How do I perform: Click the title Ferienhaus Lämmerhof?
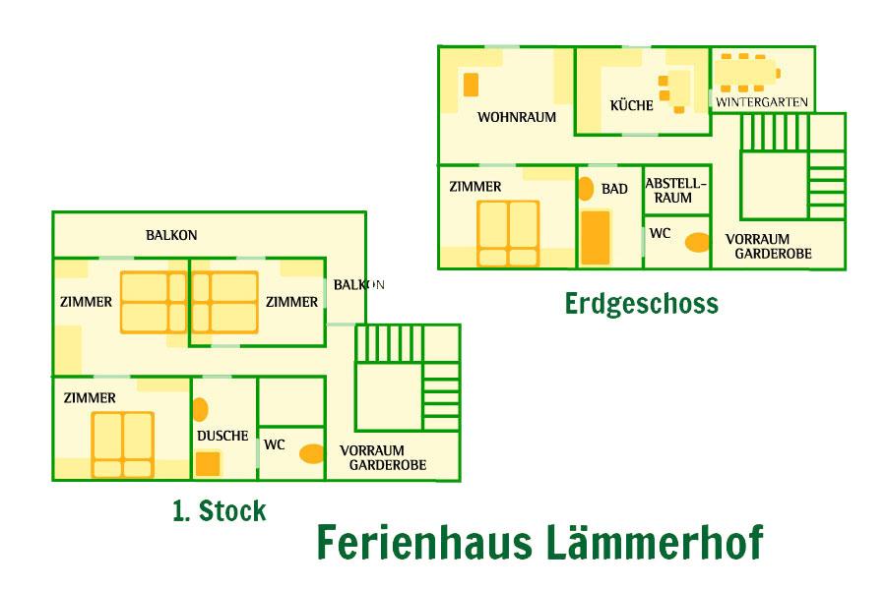538,543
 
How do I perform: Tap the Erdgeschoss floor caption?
641,303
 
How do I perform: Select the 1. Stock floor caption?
219,511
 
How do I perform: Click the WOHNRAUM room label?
517,117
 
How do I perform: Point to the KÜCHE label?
631,105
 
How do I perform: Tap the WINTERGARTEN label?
762,101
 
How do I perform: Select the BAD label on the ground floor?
614,189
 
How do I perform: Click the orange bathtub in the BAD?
595,236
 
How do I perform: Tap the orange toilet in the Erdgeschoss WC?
697,242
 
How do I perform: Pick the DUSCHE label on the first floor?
222,436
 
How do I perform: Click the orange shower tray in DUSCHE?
208,463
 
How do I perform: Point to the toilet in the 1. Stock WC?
312,453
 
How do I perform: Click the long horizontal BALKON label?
171,235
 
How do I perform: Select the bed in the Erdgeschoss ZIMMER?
508,233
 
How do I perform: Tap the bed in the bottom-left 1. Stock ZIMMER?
123,443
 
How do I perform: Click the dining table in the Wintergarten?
744,73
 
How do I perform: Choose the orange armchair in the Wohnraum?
471,85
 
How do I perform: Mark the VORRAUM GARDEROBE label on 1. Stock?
383,457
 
